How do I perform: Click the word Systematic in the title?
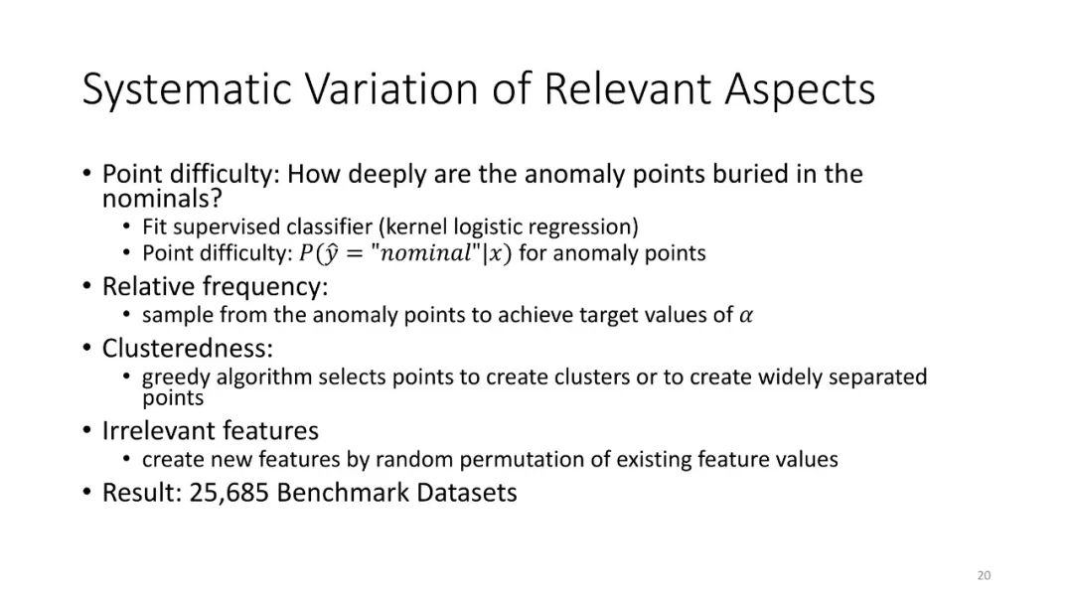[x=187, y=89]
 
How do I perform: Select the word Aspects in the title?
[x=799, y=89]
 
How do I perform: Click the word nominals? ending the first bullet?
[x=162, y=199]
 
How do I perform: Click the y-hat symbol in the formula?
[x=331, y=254]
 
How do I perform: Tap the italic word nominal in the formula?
[x=425, y=254]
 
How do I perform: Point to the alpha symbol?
[x=745, y=316]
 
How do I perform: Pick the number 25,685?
[x=229, y=493]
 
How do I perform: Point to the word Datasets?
[x=466, y=492]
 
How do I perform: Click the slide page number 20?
[x=984, y=575]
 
